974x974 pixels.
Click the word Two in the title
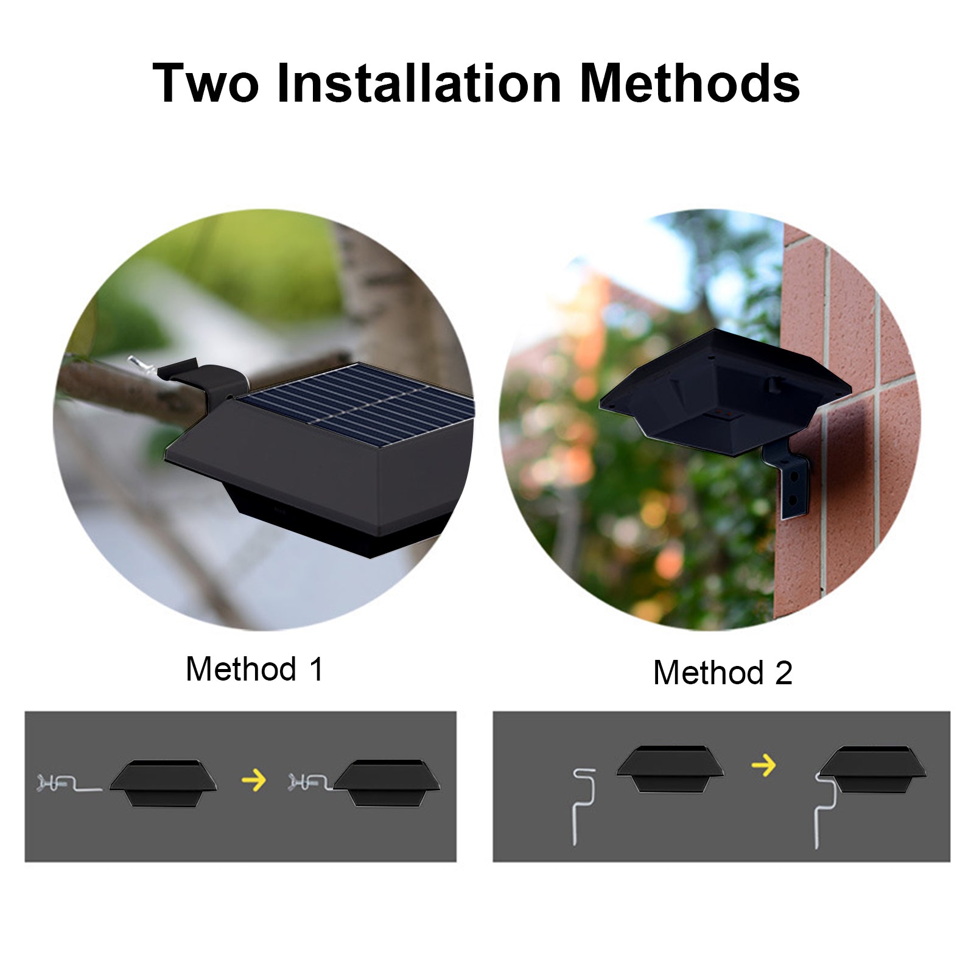(206, 83)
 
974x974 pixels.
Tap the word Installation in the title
(419, 83)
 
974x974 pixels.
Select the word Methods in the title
(690, 83)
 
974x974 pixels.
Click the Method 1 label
(254, 669)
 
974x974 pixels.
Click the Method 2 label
(723, 673)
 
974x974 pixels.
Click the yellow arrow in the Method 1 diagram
(254, 780)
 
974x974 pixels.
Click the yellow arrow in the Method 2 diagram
(763, 765)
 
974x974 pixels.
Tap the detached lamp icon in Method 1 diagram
(163, 783)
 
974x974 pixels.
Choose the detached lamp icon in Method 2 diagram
(670, 769)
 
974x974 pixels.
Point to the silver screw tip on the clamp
(133, 363)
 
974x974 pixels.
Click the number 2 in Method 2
(783, 673)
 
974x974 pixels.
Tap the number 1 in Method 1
(317, 669)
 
